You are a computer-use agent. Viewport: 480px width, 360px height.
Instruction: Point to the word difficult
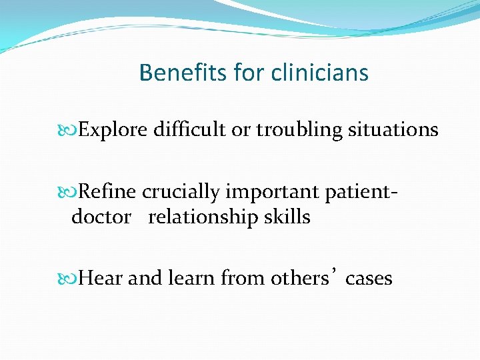point(189,129)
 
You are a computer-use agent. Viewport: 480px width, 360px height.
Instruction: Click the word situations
point(393,129)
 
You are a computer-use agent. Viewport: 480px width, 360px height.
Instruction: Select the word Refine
point(107,192)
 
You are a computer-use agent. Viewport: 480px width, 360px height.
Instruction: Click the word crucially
point(181,192)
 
